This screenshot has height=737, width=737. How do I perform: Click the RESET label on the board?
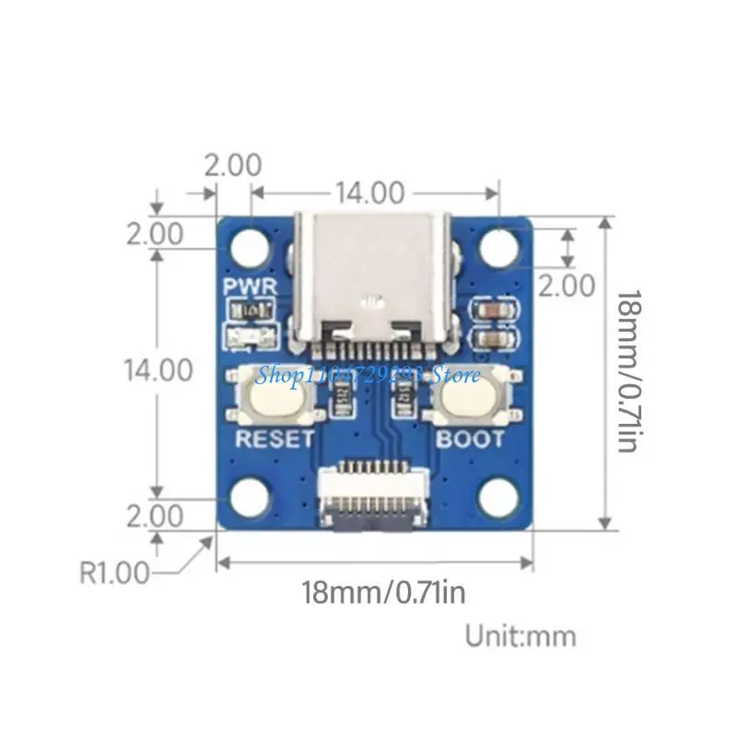275,439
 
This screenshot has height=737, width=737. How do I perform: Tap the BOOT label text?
470,439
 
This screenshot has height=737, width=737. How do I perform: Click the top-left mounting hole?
250,247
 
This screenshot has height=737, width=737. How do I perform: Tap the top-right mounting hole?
498,247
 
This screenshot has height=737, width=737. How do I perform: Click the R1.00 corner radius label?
115,573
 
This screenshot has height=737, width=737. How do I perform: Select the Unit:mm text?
521,636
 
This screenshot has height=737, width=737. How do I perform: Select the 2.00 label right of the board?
567,286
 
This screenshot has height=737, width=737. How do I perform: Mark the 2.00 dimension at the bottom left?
155,515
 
